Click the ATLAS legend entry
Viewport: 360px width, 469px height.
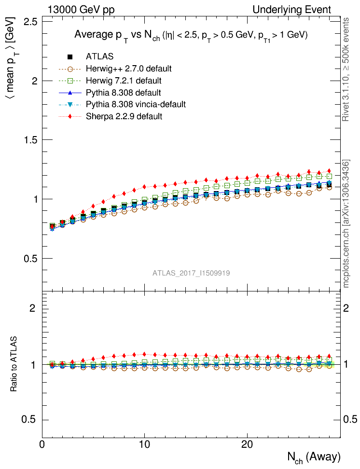pyautogui.click(x=99, y=57)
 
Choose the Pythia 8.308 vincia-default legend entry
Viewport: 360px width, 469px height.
pyautogui.click(x=136, y=104)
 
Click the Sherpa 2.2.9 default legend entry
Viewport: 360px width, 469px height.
pyautogui.click(x=124, y=116)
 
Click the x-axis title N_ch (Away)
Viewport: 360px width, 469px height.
pyautogui.click(x=314, y=457)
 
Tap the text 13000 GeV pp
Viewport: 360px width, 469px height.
pyautogui.click(x=81, y=10)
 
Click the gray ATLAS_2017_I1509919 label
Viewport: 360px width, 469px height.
pyautogui.click(x=191, y=273)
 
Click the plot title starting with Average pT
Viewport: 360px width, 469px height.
pyautogui.click(x=191, y=35)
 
